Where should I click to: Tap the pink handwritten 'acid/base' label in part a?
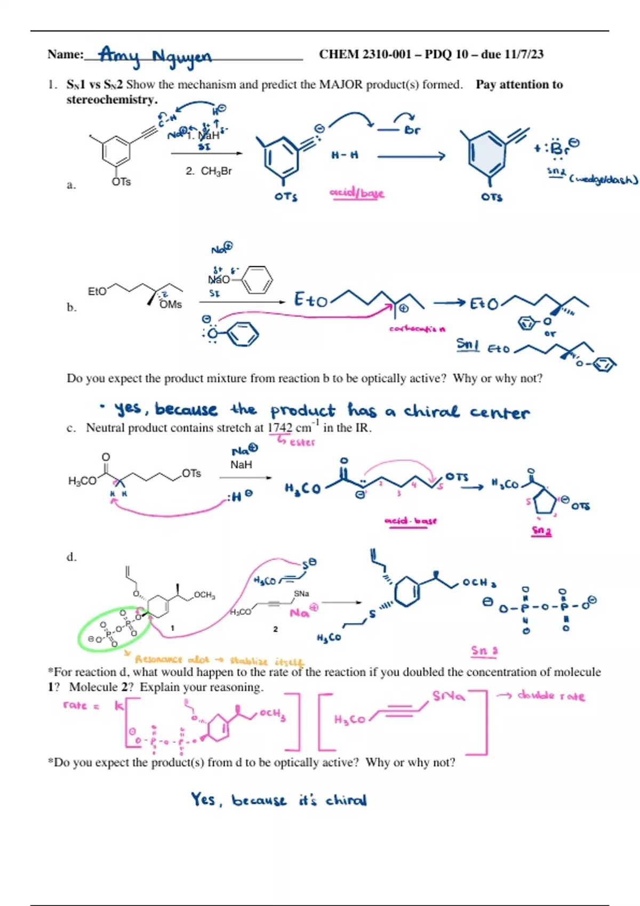point(357,193)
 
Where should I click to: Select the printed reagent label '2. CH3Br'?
point(209,171)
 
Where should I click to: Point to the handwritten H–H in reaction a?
point(345,155)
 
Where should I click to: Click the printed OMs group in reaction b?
point(171,304)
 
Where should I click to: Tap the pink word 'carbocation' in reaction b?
point(417,329)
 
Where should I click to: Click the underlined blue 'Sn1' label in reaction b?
point(468,345)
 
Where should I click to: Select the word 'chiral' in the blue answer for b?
point(431,412)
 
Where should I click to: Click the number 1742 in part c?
point(280,428)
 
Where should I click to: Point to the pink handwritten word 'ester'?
point(302,442)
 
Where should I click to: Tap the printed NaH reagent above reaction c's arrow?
point(241,465)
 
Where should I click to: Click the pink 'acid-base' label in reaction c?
point(410,521)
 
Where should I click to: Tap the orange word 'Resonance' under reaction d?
point(158,660)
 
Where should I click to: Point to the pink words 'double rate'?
point(551,696)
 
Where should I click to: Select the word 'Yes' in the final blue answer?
point(203,799)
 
